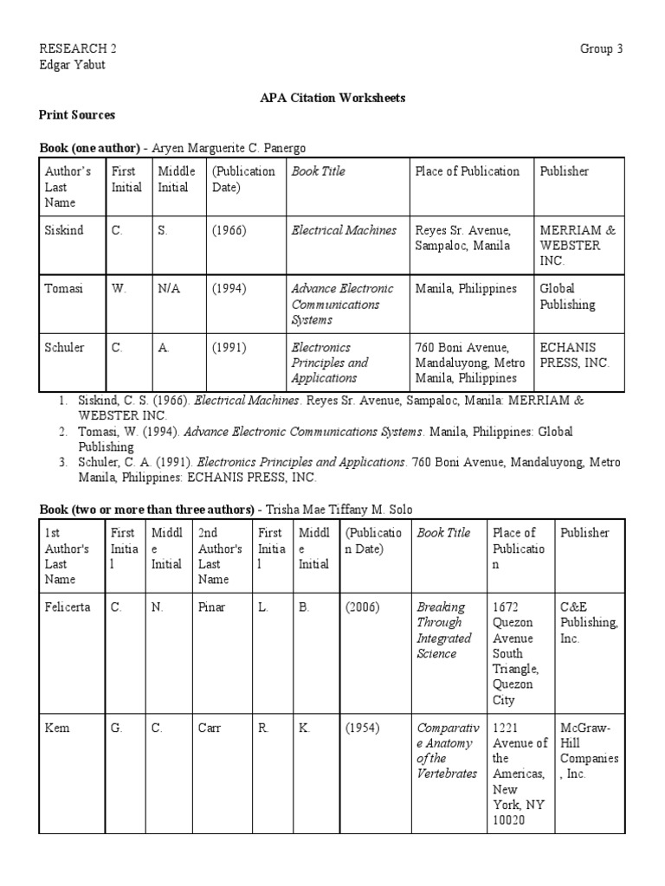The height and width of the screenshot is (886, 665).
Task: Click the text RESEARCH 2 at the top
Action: [x=78, y=49]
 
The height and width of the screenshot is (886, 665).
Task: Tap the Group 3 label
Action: [x=601, y=49]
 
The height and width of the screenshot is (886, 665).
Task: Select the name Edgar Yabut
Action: [x=73, y=65]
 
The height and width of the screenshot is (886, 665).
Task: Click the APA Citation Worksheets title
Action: [x=332, y=98]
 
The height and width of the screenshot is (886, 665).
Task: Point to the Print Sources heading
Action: [x=77, y=114]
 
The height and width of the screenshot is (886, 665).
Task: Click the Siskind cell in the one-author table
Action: [x=64, y=230]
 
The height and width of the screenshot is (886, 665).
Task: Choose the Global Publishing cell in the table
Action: [x=568, y=297]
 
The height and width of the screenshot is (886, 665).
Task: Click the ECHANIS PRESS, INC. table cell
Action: [x=575, y=355]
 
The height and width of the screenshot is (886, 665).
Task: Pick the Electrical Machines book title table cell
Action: [x=344, y=230]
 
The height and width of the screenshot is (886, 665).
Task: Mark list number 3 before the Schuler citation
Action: [x=63, y=462]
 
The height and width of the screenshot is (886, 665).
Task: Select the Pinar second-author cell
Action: [x=211, y=607]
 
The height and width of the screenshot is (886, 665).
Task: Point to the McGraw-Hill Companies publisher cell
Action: [x=589, y=751]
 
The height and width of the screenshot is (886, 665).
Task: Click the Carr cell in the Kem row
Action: [x=210, y=729]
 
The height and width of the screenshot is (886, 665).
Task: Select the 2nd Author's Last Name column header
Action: [x=221, y=556]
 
